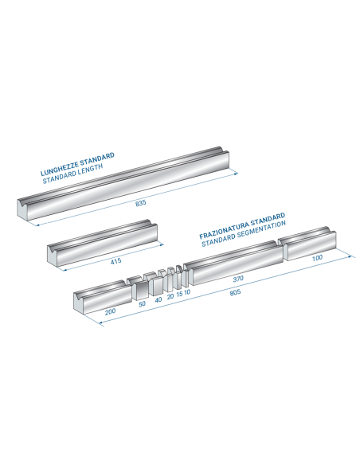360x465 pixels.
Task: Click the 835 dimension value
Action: (141, 203)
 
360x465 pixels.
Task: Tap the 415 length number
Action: (115, 261)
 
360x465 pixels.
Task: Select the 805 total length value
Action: (235, 292)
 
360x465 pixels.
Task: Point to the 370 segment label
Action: (238, 279)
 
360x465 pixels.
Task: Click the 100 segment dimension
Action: (317, 258)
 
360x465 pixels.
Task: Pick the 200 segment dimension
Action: (110, 311)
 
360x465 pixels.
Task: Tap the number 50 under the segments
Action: (142, 303)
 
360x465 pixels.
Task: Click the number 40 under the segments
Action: (158, 299)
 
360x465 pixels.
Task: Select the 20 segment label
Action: (170, 296)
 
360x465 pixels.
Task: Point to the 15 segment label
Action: (179, 294)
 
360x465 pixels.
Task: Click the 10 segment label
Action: (187, 292)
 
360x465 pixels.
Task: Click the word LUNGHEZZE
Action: (59, 169)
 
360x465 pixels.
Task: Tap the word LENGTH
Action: (90, 170)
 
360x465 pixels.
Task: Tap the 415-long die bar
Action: (102, 244)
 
